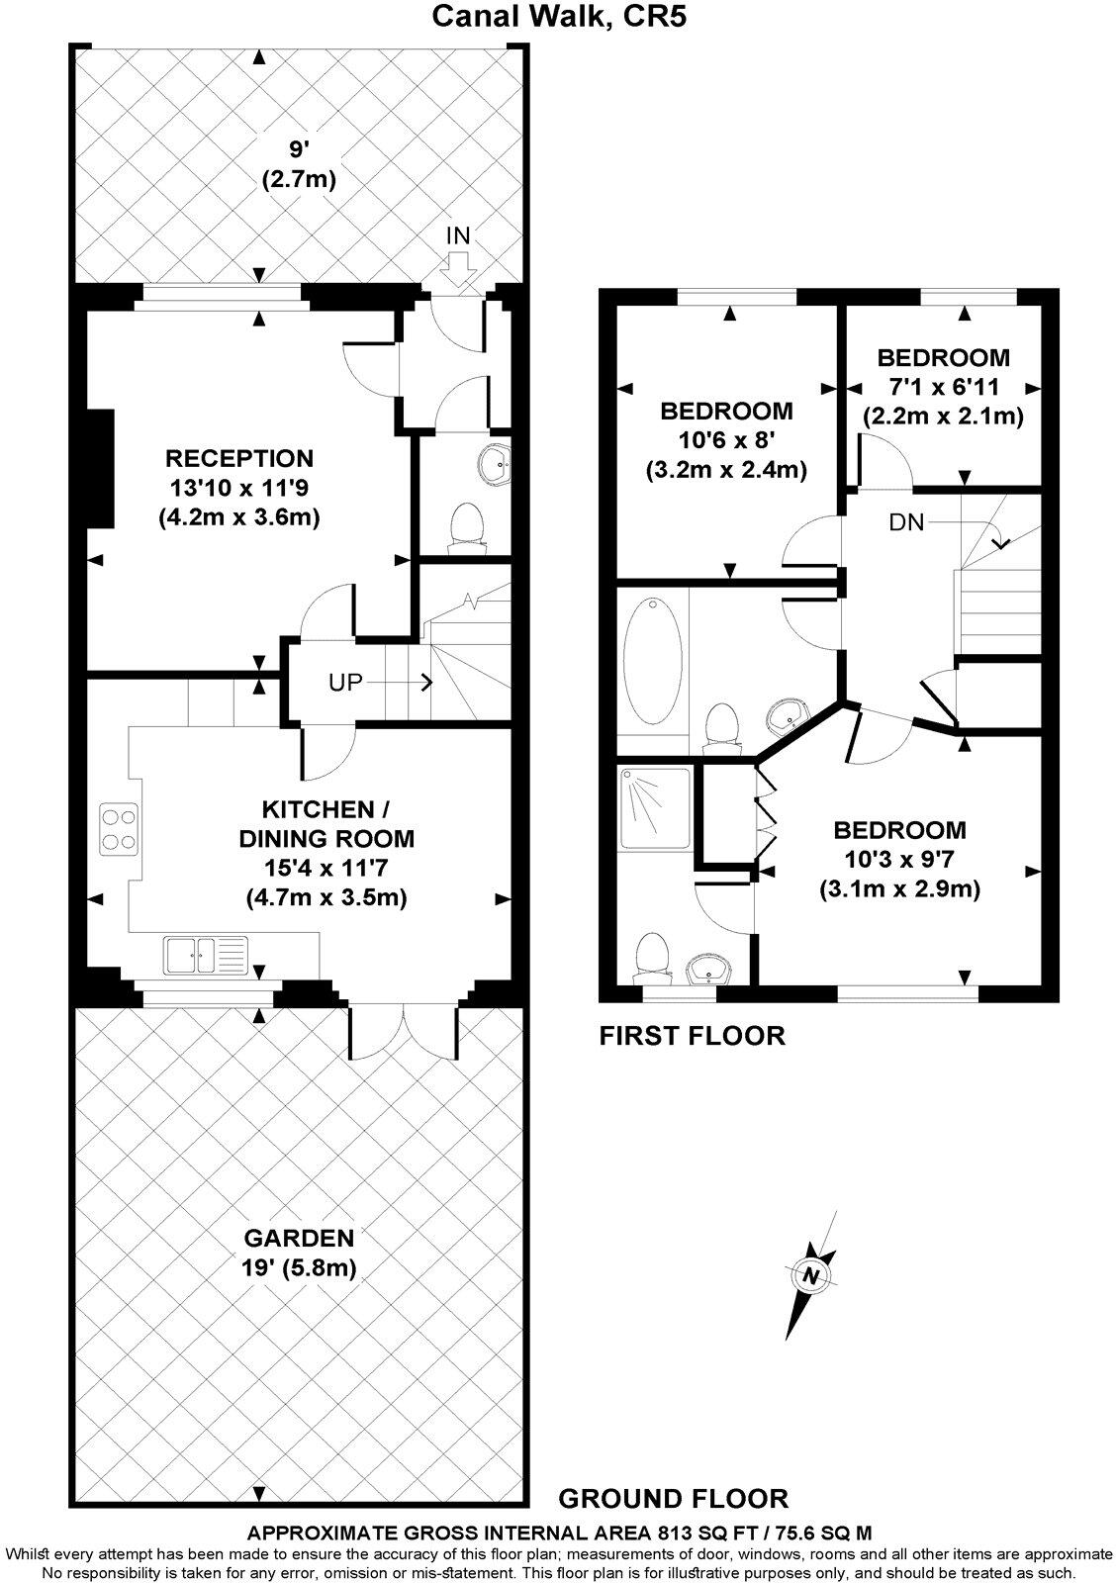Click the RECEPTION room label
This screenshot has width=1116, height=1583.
238,458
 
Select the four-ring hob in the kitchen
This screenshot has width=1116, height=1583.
119,829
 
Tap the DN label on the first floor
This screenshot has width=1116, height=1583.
905,522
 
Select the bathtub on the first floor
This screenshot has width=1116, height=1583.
652,660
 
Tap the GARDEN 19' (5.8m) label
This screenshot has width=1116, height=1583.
299,1252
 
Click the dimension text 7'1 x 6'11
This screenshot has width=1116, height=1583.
943,388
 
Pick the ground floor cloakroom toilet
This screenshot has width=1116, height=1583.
465,524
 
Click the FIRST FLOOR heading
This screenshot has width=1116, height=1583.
693,1036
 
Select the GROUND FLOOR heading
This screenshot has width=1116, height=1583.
673,1498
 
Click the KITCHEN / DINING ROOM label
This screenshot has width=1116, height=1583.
326,824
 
